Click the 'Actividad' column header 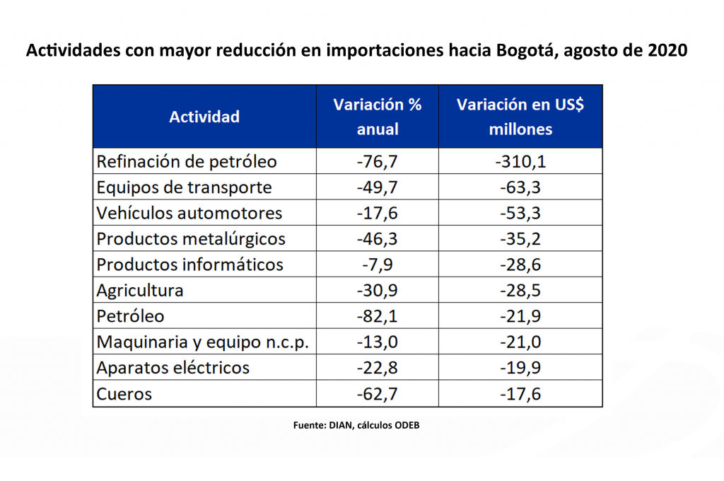[204, 117]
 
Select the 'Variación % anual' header [378, 117]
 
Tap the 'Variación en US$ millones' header [520, 117]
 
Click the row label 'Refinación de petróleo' [187, 161]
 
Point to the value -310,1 [520, 161]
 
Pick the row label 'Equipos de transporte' [184, 187]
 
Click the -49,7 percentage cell [378, 187]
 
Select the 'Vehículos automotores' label [189, 213]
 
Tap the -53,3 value [520, 213]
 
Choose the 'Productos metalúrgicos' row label [191, 239]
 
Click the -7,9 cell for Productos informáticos [378, 265]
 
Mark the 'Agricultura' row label [140, 290]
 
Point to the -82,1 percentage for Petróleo [378, 316]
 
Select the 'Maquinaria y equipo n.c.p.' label [203, 342]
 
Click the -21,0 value [520, 342]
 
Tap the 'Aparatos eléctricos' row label [173, 368]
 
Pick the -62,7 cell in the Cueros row [378, 394]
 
